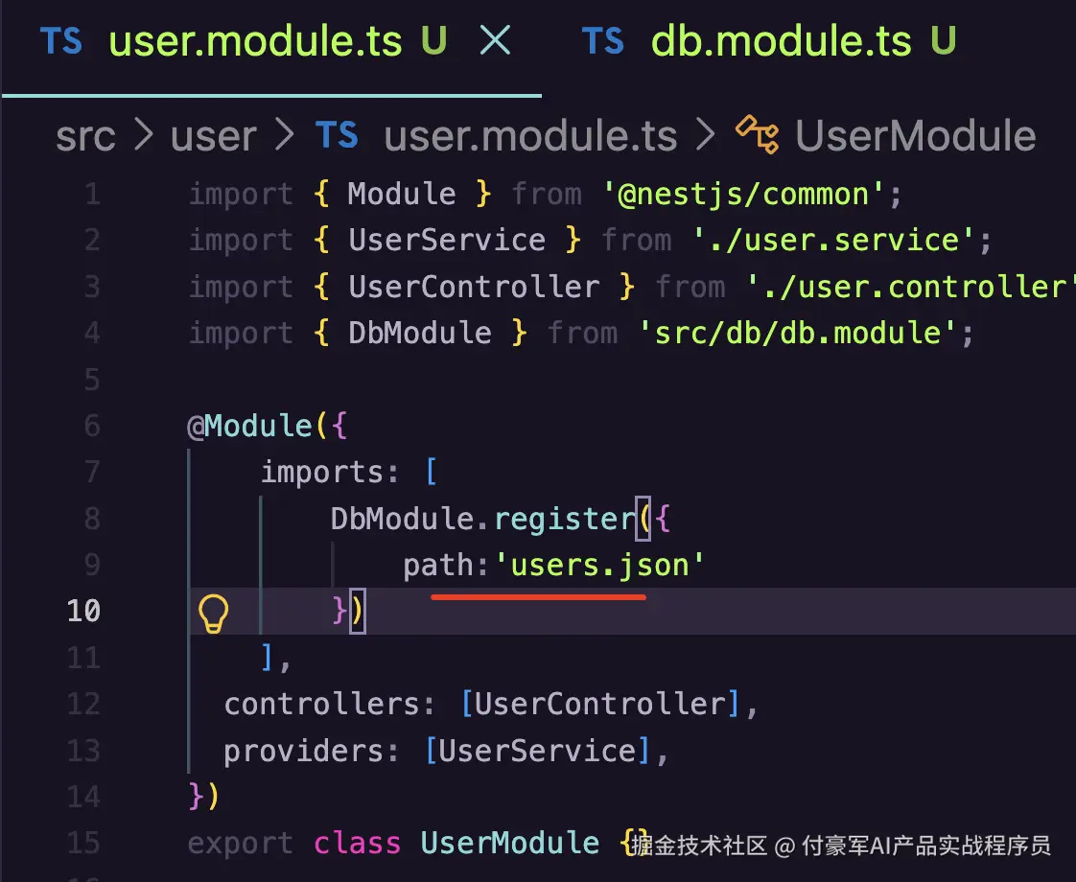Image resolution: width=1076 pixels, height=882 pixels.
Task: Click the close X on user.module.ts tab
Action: tap(495, 39)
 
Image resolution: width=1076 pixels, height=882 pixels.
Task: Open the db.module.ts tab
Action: tap(781, 41)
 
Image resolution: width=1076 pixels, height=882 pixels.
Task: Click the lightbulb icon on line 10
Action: tap(213, 613)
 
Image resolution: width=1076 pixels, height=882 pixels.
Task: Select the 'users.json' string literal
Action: tap(599, 565)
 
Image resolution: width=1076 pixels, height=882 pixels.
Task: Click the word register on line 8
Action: tap(566, 520)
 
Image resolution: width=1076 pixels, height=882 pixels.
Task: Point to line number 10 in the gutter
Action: tap(83, 611)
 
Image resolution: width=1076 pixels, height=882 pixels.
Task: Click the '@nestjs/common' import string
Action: tap(743, 194)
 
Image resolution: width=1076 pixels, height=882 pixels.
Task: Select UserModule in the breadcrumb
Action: tap(916, 136)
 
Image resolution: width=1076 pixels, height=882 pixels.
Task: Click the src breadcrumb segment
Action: tap(85, 137)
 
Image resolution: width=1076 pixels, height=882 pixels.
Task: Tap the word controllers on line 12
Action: tap(321, 705)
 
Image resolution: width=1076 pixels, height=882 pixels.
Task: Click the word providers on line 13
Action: tap(303, 751)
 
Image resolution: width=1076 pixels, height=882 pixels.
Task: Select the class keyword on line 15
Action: tap(357, 843)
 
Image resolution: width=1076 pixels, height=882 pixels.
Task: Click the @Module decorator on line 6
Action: tap(249, 426)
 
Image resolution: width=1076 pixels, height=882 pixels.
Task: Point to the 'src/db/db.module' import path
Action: tap(798, 334)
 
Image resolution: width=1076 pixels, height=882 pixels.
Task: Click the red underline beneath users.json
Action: tap(538, 597)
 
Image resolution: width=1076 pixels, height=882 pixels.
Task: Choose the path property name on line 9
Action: tap(438, 566)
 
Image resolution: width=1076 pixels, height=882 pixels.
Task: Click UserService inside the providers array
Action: tap(537, 751)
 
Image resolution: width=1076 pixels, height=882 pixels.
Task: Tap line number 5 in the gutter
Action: tap(92, 380)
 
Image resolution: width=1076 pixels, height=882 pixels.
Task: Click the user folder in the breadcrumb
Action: tap(214, 137)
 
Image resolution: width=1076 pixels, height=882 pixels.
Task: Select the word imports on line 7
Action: tap(321, 473)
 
